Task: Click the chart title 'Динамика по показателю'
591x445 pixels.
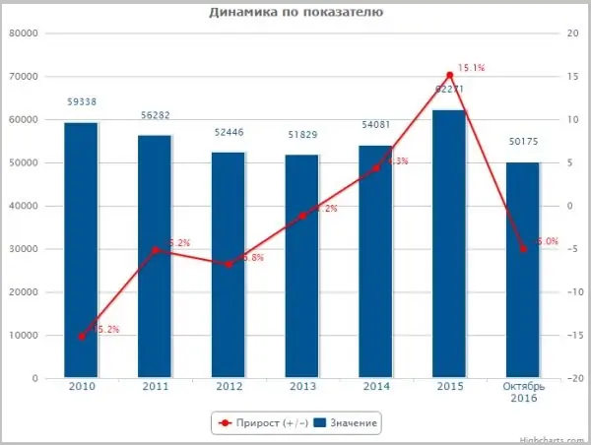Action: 295,13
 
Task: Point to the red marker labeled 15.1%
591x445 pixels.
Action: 449,75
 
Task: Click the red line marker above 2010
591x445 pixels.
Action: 82,336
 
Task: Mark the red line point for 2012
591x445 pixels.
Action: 229,264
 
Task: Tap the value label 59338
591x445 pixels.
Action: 82,101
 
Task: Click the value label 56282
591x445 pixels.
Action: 155,114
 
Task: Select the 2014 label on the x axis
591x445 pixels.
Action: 375,389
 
